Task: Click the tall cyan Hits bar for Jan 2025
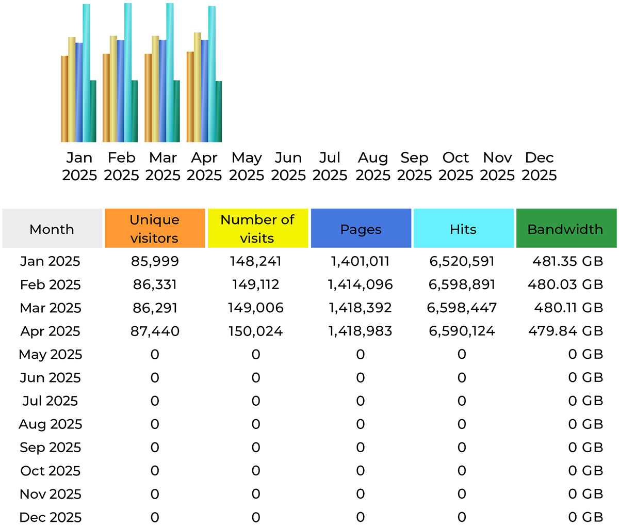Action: click(x=86, y=72)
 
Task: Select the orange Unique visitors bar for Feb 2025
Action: click(x=106, y=98)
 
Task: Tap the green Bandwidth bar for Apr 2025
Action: click(x=218, y=111)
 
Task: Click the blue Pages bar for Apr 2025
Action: click(x=205, y=90)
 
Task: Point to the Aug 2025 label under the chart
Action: click(x=372, y=166)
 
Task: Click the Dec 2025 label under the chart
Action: click(x=539, y=166)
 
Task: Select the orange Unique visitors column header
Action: click(x=155, y=229)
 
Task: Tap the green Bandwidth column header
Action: click(x=566, y=229)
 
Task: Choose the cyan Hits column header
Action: click(x=463, y=229)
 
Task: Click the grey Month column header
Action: click(x=52, y=229)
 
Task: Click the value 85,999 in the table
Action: click(x=155, y=261)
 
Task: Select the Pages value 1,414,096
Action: click(x=360, y=284)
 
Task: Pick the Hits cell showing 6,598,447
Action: click(x=462, y=308)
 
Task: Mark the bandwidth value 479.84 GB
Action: click(x=565, y=331)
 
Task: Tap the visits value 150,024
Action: click(x=256, y=331)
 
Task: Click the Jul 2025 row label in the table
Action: click(x=50, y=401)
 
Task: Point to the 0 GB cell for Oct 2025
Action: click(x=585, y=470)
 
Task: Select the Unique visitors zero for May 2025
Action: click(x=155, y=354)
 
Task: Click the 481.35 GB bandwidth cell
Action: click(x=567, y=261)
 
